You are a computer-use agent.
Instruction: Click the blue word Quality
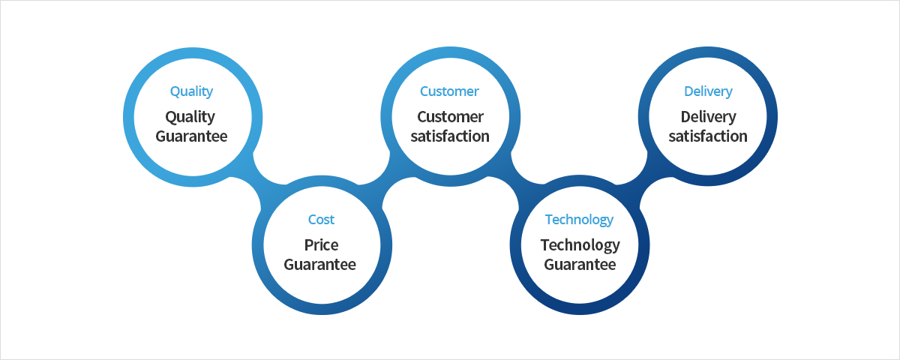pos(191,91)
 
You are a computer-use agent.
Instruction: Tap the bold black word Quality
pos(190,117)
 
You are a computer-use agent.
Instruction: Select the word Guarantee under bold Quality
pos(191,136)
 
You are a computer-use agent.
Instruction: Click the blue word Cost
pos(321,219)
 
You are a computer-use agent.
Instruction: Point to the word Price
pos(321,245)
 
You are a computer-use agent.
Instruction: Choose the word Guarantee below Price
pos(319,265)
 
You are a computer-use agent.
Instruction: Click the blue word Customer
pos(449,91)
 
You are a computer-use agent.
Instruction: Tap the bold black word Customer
pos(450,117)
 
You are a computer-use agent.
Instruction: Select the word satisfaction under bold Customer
pos(450,136)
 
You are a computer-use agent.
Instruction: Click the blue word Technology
pos(579,220)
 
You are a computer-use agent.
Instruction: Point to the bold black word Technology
pos(580,245)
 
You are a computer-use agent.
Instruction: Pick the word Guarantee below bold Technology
pos(580,265)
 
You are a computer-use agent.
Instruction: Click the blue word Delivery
pos(708,91)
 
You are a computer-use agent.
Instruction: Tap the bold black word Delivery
pos(708,117)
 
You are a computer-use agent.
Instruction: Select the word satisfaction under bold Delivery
pos(708,136)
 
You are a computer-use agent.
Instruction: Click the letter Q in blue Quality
pos(175,91)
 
